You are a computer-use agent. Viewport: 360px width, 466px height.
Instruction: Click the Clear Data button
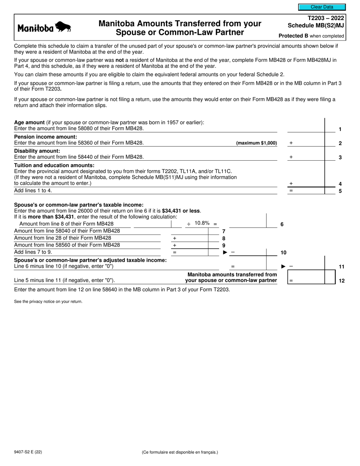click(x=322, y=7)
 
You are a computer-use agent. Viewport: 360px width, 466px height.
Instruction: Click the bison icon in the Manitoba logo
click(x=63, y=27)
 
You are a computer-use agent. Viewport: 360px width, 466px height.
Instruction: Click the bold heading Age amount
click(x=29, y=122)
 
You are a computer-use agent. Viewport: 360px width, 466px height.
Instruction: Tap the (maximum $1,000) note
click(x=257, y=143)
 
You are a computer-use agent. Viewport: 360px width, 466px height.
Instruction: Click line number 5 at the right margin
click(x=340, y=191)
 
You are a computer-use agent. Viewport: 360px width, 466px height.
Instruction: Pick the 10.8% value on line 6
click(x=202, y=223)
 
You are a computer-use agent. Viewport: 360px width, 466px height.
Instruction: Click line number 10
click(x=283, y=252)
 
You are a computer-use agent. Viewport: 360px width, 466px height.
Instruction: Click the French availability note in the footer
click(x=180, y=452)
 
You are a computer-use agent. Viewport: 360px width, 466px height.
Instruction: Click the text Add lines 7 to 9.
click(x=33, y=252)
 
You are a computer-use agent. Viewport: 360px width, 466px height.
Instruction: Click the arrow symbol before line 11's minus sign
click(x=283, y=266)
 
